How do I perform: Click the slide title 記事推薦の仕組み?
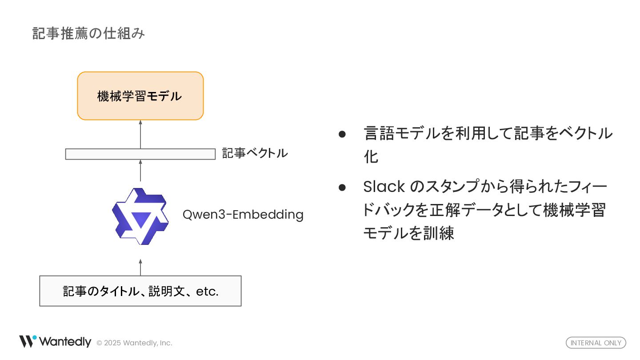point(88,34)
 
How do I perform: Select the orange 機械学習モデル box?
point(140,96)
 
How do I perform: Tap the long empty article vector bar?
point(140,154)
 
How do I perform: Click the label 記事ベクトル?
point(255,153)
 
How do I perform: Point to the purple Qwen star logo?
point(140,216)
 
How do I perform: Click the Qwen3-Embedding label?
point(243,215)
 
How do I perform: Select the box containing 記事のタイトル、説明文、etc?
point(140,291)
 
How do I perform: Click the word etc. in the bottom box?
point(207,292)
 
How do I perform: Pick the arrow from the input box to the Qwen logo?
point(140,267)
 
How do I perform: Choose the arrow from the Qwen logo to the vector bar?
point(140,170)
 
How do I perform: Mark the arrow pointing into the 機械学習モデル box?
point(140,134)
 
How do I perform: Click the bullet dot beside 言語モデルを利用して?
point(342,134)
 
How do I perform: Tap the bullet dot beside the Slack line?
point(342,187)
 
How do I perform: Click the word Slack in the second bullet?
point(384,187)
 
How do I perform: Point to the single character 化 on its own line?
point(371,157)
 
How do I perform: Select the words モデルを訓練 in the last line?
point(408,233)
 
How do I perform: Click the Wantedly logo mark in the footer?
point(28,341)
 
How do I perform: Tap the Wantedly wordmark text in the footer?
point(65,342)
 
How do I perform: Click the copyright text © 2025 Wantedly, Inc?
point(134,343)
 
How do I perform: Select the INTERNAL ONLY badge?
point(596,343)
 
